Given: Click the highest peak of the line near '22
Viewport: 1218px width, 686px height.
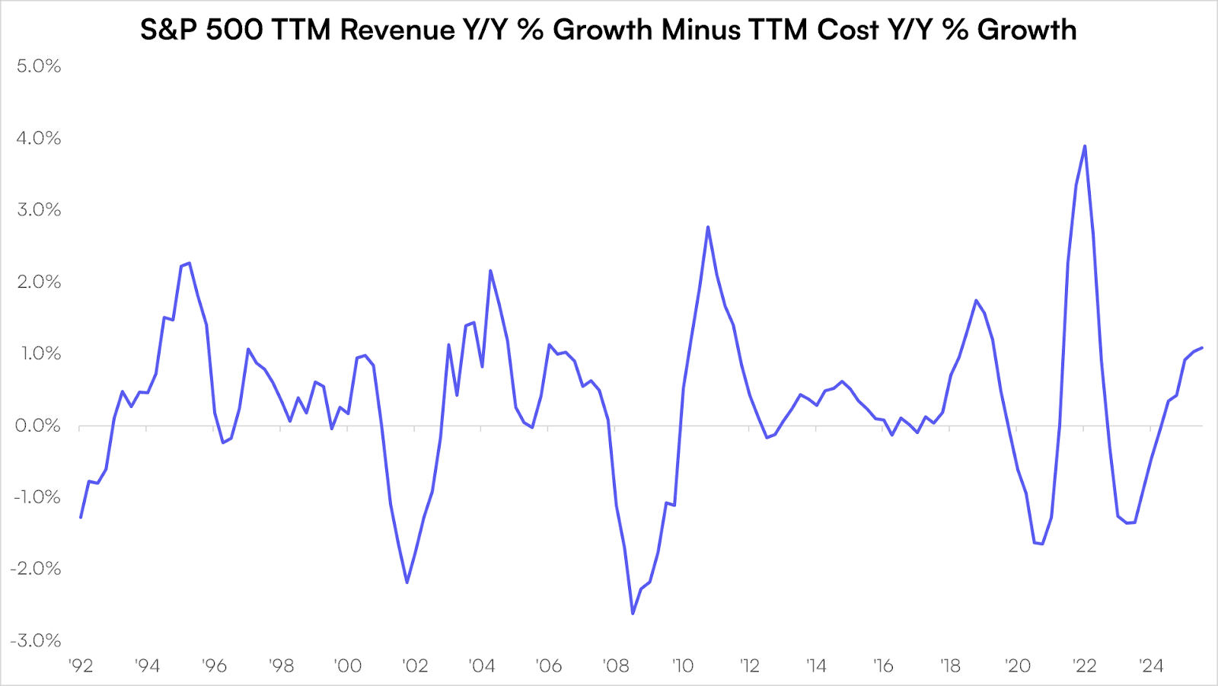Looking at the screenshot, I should click(1084, 146).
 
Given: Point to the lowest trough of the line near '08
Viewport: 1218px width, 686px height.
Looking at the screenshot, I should click(633, 613).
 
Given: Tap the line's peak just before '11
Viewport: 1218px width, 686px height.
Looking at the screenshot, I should click(708, 227).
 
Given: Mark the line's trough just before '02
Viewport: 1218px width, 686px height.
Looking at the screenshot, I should click(407, 582).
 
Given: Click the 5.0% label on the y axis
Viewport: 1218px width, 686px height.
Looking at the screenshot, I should click(39, 66).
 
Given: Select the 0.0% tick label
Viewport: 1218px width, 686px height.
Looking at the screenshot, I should click(38, 426).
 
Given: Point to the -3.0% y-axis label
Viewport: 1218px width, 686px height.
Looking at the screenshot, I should click(36, 640).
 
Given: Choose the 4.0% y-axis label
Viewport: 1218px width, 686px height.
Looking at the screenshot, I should click(39, 139).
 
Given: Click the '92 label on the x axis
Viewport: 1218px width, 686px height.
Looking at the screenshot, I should click(80, 666).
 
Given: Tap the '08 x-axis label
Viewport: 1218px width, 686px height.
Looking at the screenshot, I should click(616, 666).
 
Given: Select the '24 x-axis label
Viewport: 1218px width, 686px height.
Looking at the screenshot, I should click(1151, 666).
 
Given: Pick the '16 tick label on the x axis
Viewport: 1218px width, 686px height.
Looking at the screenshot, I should click(883, 666).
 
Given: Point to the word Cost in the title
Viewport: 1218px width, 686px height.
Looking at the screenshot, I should click(848, 30).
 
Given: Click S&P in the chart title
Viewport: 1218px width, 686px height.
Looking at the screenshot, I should click(169, 30).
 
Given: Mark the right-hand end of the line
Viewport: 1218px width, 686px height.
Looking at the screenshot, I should click(1202, 348).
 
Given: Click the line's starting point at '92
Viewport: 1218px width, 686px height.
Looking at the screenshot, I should click(81, 517).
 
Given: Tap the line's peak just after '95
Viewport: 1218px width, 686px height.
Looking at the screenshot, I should click(189, 263).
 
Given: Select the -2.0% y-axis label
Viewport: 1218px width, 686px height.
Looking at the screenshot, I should click(36, 569).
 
